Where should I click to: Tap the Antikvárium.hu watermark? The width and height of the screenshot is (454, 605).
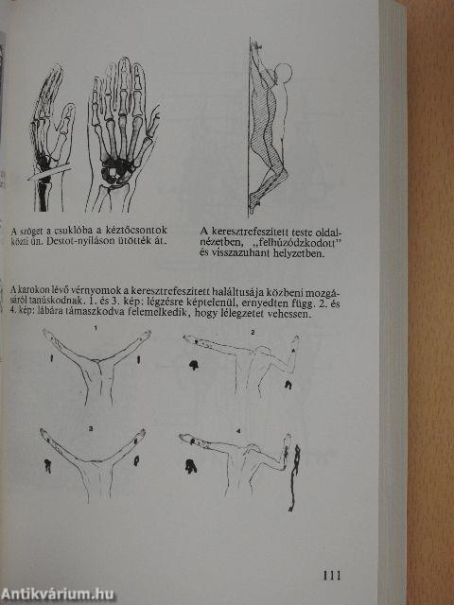point(59,593)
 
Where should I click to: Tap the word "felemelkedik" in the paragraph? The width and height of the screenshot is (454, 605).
point(159,313)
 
